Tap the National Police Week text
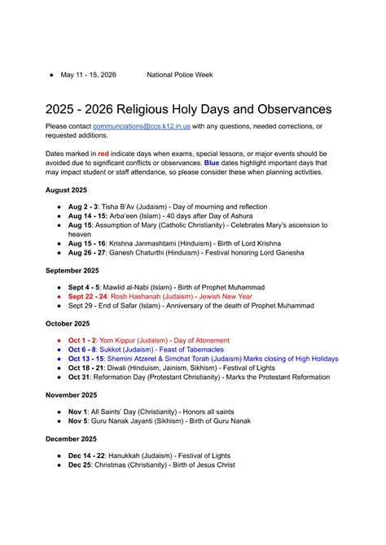click(179, 75)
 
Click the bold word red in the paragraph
click(103, 153)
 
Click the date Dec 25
click(81, 465)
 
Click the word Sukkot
click(116, 349)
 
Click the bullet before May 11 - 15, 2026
click(50, 75)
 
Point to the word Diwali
click(121, 368)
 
